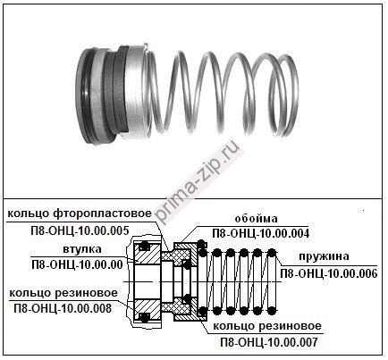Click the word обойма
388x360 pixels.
pyautogui.click(x=256, y=219)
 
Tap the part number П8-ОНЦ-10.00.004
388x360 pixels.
pyautogui.click(x=261, y=233)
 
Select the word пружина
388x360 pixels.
pyautogui.click(x=324, y=256)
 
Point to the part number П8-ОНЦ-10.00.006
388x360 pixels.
pyautogui.click(x=329, y=273)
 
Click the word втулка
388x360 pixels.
pyautogui.click(x=82, y=249)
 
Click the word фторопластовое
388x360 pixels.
pyautogui.click(x=103, y=213)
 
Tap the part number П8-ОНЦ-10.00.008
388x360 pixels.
pyautogui.click(x=63, y=308)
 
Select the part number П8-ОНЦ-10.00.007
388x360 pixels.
pyautogui.click(x=269, y=342)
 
